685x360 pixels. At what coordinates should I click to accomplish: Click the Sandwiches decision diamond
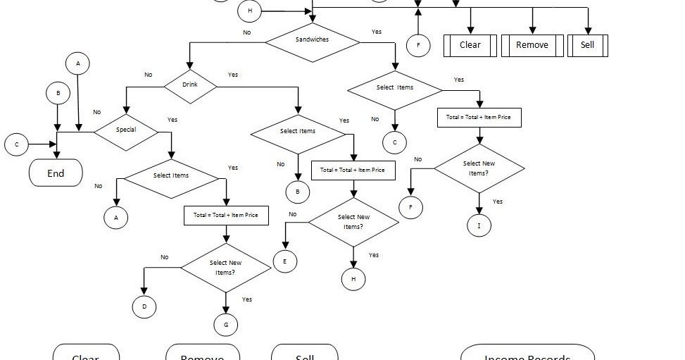click(x=312, y=40)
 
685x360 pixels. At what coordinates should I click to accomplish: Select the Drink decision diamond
click(x=190, y=85)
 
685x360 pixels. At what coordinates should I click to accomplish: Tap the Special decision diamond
click(x=126, y=130)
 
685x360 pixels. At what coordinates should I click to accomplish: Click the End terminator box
click(x=56, y=173)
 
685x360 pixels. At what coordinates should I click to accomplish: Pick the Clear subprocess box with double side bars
click(x=470, y=45)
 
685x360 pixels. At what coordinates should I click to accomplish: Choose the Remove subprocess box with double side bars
click(x=532, y=45)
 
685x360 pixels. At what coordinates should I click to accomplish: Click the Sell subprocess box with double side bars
click(x=587, y=45)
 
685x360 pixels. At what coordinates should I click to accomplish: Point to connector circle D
click(x=144, y=307)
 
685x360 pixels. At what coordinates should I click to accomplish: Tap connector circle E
click(x=285, y=261)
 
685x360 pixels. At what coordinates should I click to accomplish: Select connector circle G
click(x=226, y=324)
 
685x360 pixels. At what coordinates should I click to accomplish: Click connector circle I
click(x=479, y=225)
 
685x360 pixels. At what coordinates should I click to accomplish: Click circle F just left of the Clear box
click(x=418, y=46)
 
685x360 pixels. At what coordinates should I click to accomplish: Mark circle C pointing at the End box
click(x=16, y=145)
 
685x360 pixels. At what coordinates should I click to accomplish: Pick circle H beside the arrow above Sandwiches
click(x=250, y=11)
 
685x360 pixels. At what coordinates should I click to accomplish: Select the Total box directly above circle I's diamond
click(x=479, y=117)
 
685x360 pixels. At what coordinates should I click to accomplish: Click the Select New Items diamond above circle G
click(x=225, y=267)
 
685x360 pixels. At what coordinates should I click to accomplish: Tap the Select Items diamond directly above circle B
click(x=298, y=131)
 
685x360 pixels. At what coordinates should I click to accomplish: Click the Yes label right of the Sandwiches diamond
click(x=377, y=32)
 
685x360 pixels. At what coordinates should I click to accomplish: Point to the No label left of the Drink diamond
click(x=149, y=75)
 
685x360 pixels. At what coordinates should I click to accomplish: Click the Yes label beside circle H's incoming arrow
click(x=374, y=255)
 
